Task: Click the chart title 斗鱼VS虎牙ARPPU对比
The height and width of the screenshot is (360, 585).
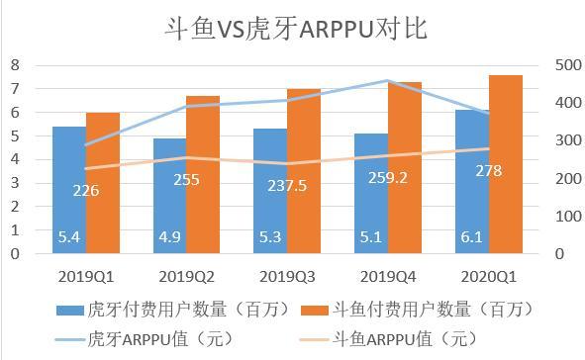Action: point(294,28)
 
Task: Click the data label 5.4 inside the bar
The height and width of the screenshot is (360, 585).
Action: point(68,237)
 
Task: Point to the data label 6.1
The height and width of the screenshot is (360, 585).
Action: point(470,237)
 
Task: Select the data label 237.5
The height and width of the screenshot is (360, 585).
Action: point(286,185)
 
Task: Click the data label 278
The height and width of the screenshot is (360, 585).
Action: point(488,171)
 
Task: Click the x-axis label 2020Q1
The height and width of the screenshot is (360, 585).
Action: point(488,274)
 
